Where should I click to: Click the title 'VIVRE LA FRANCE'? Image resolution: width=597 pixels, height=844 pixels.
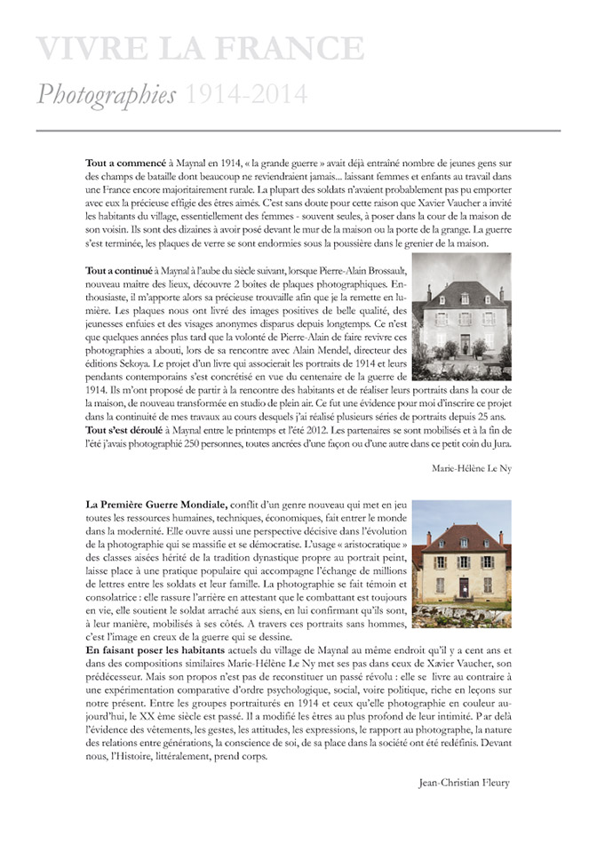tap(200, 49)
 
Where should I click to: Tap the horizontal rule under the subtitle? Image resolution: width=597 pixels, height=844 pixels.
tap(298, 131)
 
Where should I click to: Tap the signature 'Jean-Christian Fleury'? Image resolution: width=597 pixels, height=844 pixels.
tap(464, 782)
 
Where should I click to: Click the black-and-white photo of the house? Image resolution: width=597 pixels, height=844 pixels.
tap(461, 311)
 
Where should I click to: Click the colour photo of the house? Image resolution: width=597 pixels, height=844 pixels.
tap(461, 558)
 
